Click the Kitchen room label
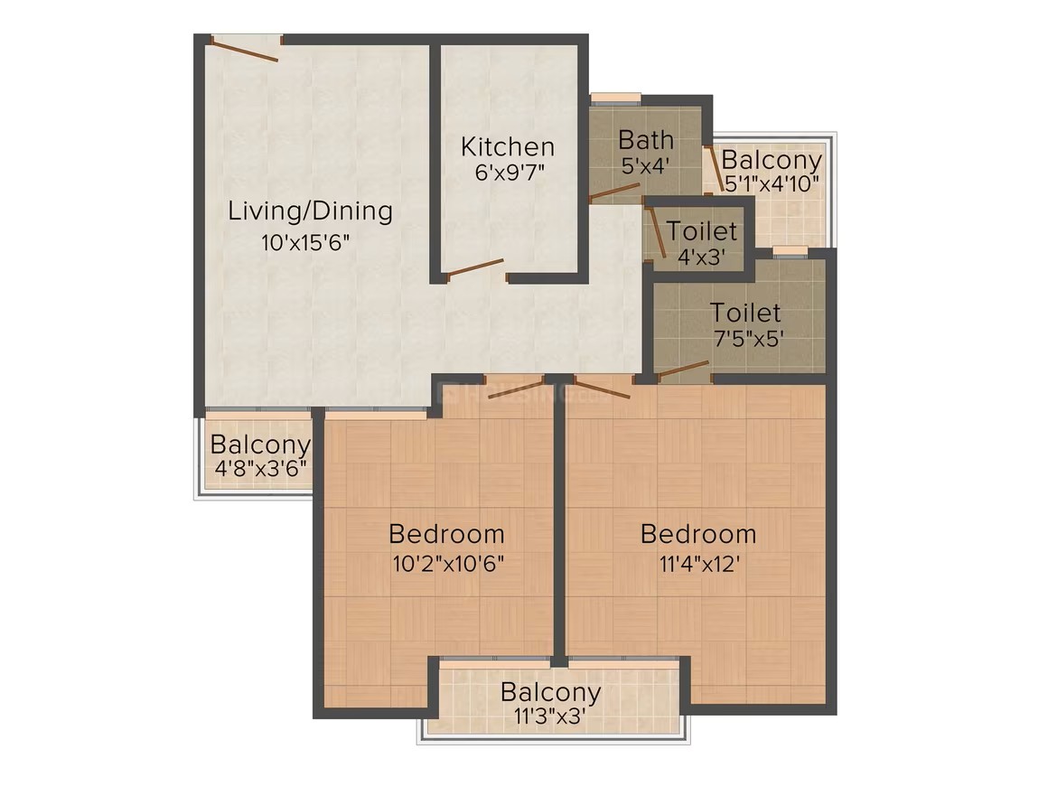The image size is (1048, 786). [508, 146]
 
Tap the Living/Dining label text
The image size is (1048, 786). [310, 211]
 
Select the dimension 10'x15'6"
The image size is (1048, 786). [305, 242]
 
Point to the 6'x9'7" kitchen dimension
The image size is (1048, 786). [510, 173]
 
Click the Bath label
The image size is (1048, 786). [646, 140]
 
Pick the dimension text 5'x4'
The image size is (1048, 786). [646, 165]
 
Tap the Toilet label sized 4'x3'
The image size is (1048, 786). [702, 231]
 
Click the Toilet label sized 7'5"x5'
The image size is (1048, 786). [745, 313]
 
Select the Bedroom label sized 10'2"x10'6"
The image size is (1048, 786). [446, 534]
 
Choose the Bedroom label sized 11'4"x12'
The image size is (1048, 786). [698, 534]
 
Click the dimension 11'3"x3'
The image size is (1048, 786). [549, 716]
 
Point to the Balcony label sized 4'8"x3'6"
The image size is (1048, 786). [261, 444]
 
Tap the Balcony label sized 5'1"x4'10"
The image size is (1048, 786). [772, 161]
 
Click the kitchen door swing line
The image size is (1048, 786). [475, 267]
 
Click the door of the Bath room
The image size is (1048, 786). [615, 192]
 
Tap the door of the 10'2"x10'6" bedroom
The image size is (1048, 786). [516, 389]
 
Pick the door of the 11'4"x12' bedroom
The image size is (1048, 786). [602, 388]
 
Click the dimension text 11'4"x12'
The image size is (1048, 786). [699, 564]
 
